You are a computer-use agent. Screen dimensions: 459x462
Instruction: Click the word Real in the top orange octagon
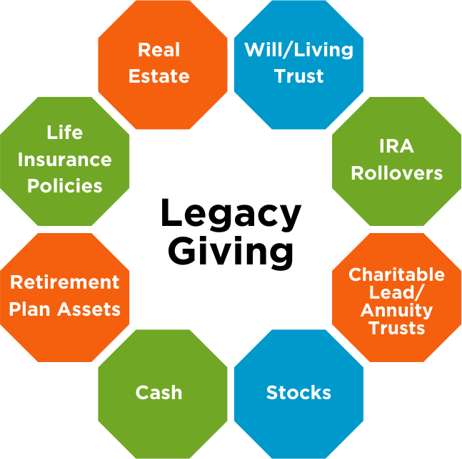tap(159, 50)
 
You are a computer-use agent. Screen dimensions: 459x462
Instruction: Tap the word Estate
tap(159, 76)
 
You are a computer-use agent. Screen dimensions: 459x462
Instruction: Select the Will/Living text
tap(298, 50)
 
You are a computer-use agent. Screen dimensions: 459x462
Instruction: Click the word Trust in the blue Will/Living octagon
tap(298, 76)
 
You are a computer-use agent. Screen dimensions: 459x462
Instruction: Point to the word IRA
tap(396, 146)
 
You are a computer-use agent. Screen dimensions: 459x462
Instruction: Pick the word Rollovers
tap(396, 173)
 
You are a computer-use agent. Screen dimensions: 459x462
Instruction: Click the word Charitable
tap(396, 274)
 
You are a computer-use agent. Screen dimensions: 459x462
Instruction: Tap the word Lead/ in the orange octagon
tap(396, 292)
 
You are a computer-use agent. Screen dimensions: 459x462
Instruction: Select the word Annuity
tap(396, 311)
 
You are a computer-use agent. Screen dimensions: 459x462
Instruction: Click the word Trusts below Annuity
tap(396, 329)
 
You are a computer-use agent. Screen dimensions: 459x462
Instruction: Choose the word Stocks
tap(298, 393)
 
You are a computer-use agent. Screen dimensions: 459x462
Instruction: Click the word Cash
tap(159, 393)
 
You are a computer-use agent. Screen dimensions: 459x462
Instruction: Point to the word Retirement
tap(65, 282)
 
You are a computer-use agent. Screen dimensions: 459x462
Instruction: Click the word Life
tap(65, 133)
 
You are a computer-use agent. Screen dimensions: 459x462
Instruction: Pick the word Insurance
tap(65, 159)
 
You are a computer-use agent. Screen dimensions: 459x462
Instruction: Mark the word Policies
tap(65, 186)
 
